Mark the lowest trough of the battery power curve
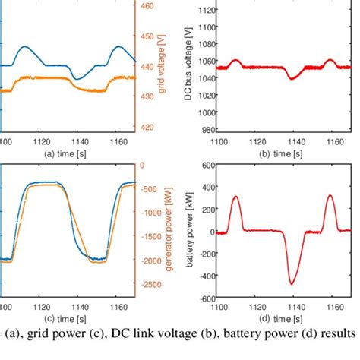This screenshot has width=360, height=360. click(x=290, y=284)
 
